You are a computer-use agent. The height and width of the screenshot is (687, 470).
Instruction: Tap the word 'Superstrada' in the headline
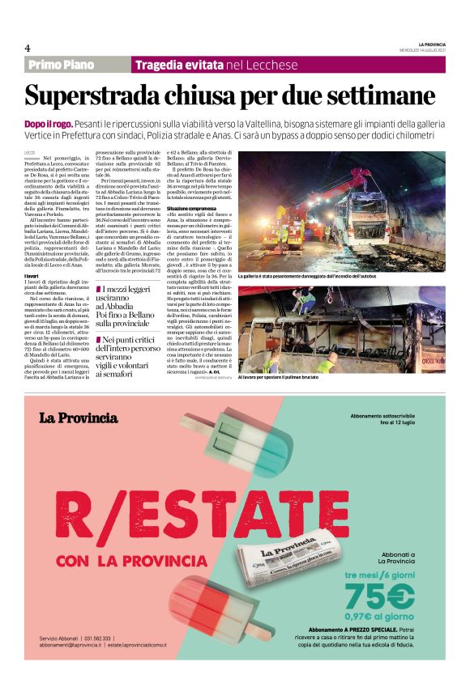coord(92,95)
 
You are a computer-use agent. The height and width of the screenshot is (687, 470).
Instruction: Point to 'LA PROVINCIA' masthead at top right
coord(432,43)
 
